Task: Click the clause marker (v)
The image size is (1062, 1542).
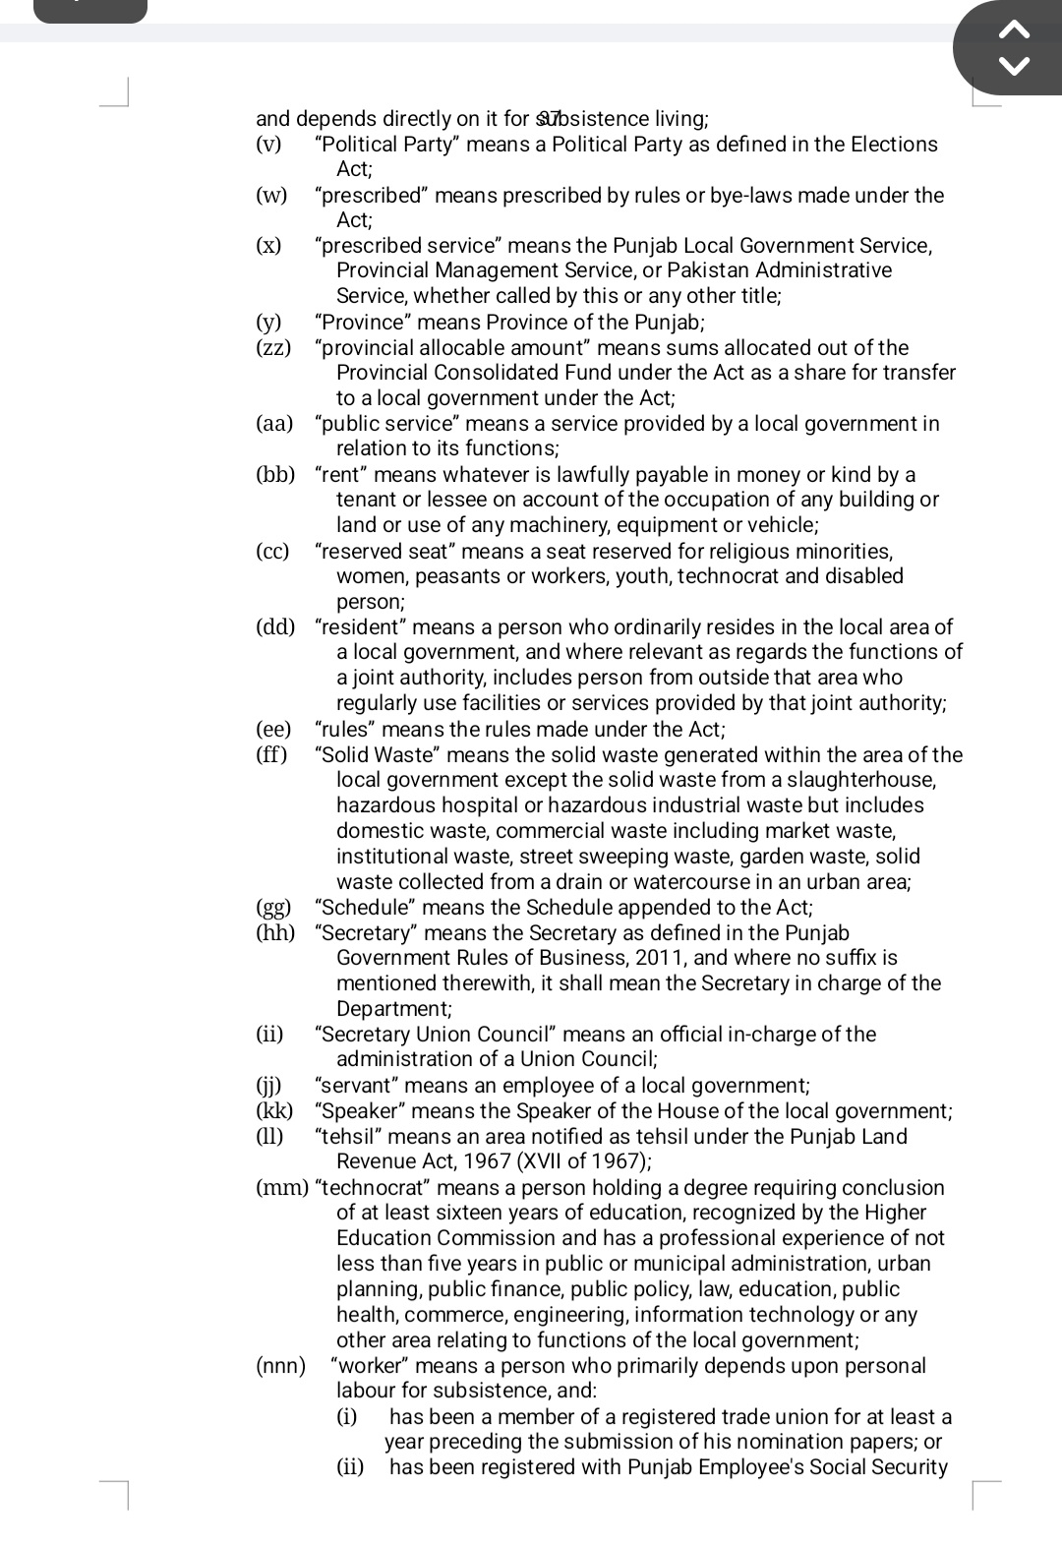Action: tap(268, 145)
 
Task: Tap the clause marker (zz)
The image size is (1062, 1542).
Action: tap(273, 348)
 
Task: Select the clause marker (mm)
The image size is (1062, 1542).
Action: tap(282, 1188)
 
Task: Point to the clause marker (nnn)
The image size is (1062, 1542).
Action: tap(280, 1366)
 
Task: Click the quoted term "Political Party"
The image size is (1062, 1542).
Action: tap(386, 145)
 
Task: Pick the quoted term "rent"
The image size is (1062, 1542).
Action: tap(341, 475)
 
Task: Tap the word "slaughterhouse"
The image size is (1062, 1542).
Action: tap(864, 780)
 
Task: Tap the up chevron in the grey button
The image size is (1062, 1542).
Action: tap(1014, 30)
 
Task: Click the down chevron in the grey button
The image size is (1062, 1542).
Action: tap(1014, 67)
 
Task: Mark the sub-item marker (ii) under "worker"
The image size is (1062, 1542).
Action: tap(350, 1467)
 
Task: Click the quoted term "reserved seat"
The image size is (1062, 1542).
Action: tap(384, 552)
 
